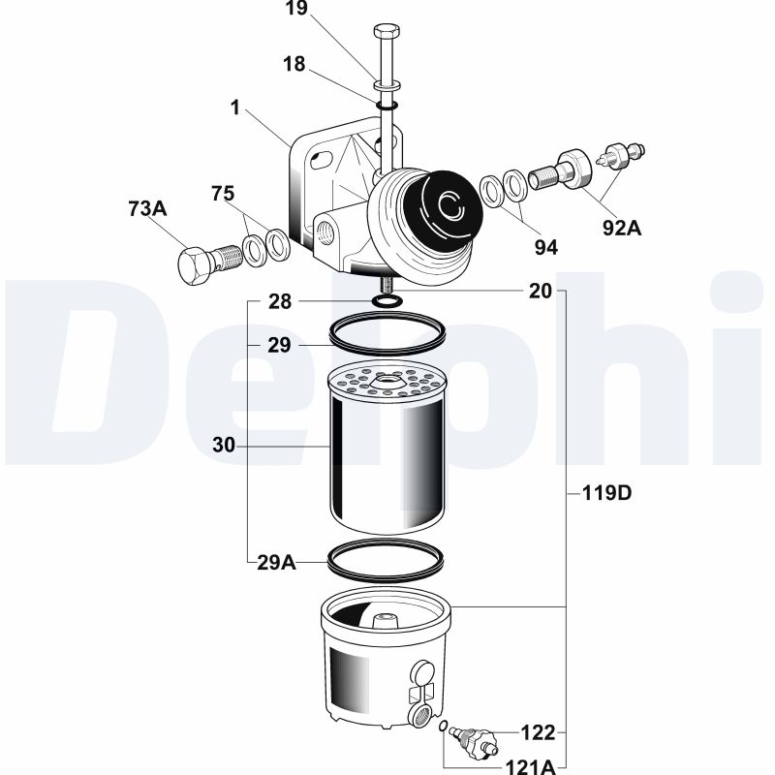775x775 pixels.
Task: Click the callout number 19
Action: (296, 8)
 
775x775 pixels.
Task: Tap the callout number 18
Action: (294, 64)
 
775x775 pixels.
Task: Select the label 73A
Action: (147, 208)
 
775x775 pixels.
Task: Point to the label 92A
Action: (622, 229)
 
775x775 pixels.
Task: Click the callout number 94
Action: (546, 248)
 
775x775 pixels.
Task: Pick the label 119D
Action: (607, 493)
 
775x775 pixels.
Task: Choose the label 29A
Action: (276, 563)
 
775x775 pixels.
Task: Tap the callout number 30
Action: (224, 446)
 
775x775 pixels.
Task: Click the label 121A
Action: (530, 767)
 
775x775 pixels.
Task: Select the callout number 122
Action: (539, 732)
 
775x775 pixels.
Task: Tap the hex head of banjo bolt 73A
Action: (194, 264)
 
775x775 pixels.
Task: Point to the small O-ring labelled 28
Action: (387, 300)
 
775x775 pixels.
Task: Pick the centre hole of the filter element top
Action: (387, 380)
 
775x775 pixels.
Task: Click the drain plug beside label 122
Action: (473, 737)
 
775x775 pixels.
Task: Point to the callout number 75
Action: (223, 194)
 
